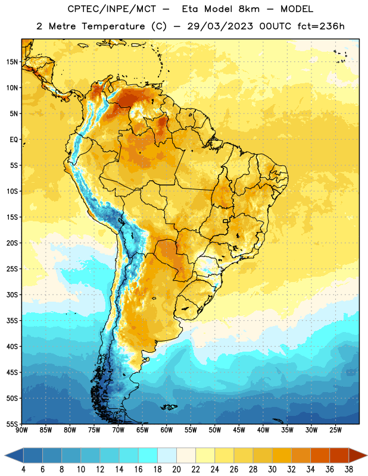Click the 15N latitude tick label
coord(12,62)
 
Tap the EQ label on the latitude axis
coord(14,140)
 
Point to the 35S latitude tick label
coord(12,321)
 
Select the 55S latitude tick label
coord(12,424)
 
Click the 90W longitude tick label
coord(21,430)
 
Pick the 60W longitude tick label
coord(167,430)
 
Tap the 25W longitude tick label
coord(335,430)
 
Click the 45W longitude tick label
coord(239,430)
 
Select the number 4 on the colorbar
coord(23,469)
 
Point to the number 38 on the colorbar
coord(349,469)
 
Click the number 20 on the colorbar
coord(176,469)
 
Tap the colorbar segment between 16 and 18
coord(148,455)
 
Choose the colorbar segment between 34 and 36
coord(320,455)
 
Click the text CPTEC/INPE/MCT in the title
coord(111,9)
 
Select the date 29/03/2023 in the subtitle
coord(220,26)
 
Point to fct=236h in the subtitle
coord(321,26)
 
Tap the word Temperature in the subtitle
coord(113,26)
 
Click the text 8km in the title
coord(249,9)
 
